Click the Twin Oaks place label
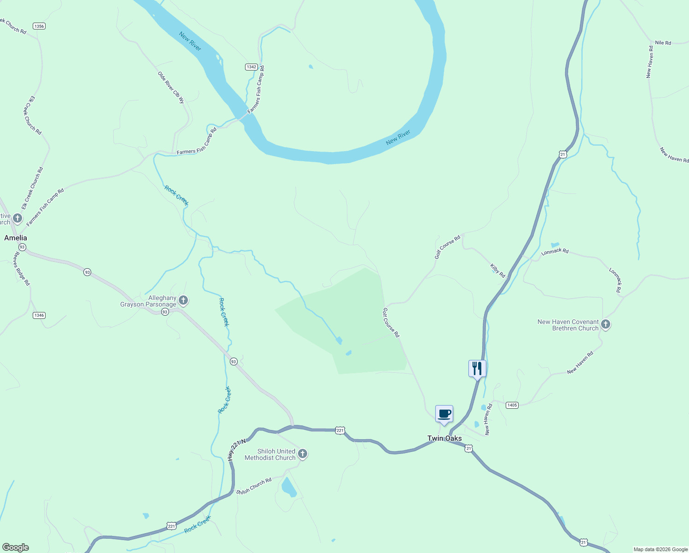tap(444, 438)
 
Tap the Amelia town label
tap(16, 238)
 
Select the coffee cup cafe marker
tap(444, 413)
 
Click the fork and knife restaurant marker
tap(477, 368)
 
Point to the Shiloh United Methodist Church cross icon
tap(303, 454)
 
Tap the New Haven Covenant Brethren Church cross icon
tap(606, 324)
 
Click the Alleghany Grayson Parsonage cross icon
tap(183, 301)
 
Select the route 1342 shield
tap(251, 67)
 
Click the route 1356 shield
tap(39, 26)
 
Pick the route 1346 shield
tap(39, 315)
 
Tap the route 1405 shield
tap(512, 405)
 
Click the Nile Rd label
tap(663, 43)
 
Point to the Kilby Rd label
tap(497, 271)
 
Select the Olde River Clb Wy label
tap(171, 87)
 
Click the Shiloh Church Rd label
tap(254, 486)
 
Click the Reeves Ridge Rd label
tap(22, 269)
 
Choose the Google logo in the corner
tap(16, 547)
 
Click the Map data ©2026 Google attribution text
tap(660, 549)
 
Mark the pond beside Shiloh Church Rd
tap(289, 487)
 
